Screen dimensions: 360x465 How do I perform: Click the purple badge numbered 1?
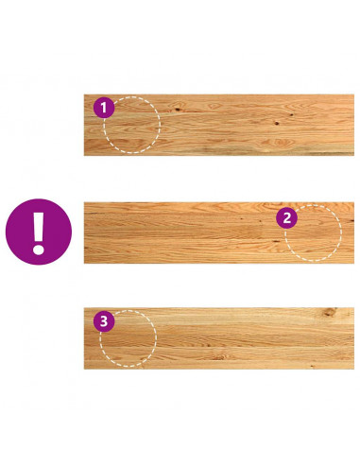[x=104, y=108]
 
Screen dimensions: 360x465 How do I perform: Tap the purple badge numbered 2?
[x=286, y=218]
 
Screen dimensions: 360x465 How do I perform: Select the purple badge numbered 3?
[x=104, y=321]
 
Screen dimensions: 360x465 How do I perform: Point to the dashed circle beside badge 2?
[x=341, y=233]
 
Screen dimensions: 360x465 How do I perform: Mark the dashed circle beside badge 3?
[x=156, y=338]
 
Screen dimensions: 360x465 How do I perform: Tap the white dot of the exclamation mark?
[x=39, y=249]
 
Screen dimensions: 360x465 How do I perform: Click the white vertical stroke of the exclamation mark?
[x=39, y=226]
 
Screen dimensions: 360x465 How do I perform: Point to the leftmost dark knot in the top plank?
[x=178, y=110]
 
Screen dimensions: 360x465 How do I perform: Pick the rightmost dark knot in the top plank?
[x=291, y=114]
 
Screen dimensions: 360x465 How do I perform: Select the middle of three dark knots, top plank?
[x=277, y=123]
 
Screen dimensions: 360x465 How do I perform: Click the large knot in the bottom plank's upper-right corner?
[x=329, y=312]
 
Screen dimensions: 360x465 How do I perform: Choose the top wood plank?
[x=219, y=125]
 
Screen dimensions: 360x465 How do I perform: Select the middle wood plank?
[x=219, y=232]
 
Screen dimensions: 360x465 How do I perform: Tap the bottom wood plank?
[x=219, y=338]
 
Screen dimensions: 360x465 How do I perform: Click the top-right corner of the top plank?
[x=354, y=95]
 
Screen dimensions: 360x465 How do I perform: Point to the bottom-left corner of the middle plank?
[x=84, y=263]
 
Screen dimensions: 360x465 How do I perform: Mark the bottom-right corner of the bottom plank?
[x=354, y=369]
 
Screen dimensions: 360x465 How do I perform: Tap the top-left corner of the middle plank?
[x=84, y=202]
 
